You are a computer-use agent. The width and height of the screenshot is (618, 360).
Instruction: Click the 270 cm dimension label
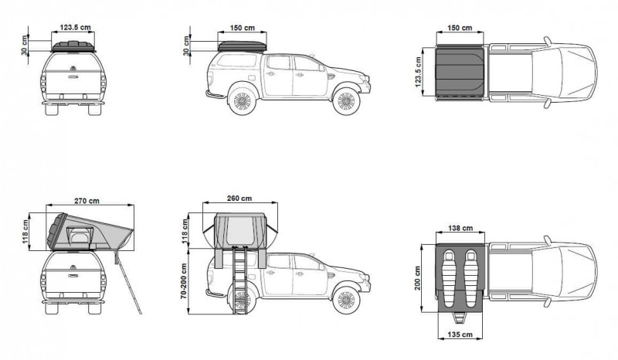coord(87,201)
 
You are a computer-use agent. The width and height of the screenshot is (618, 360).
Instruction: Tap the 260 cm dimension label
coord(239,199)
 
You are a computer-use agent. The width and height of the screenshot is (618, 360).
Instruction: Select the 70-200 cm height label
coord(184,280)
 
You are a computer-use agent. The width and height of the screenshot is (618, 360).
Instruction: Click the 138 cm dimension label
coord(460,228)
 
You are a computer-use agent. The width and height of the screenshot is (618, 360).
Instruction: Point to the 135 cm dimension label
coord(460,335)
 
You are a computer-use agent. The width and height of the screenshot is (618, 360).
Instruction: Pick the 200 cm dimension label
coord(418,278)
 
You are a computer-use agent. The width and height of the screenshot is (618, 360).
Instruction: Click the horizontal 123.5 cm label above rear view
coord(75,28)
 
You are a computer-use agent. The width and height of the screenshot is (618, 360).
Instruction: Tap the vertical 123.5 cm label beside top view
coord(418,71)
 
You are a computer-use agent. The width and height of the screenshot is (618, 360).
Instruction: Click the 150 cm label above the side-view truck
coord(243,28)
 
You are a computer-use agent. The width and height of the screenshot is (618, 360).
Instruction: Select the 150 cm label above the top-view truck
coord(460,28)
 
